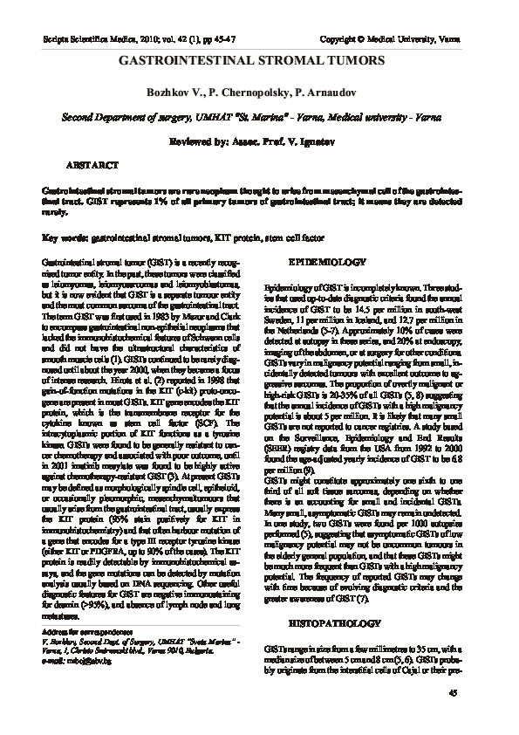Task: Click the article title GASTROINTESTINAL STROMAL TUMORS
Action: click(x=259, y=62)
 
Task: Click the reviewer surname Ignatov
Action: click(x=338, y=140)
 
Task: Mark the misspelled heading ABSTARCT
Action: click(x=94, y=164)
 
